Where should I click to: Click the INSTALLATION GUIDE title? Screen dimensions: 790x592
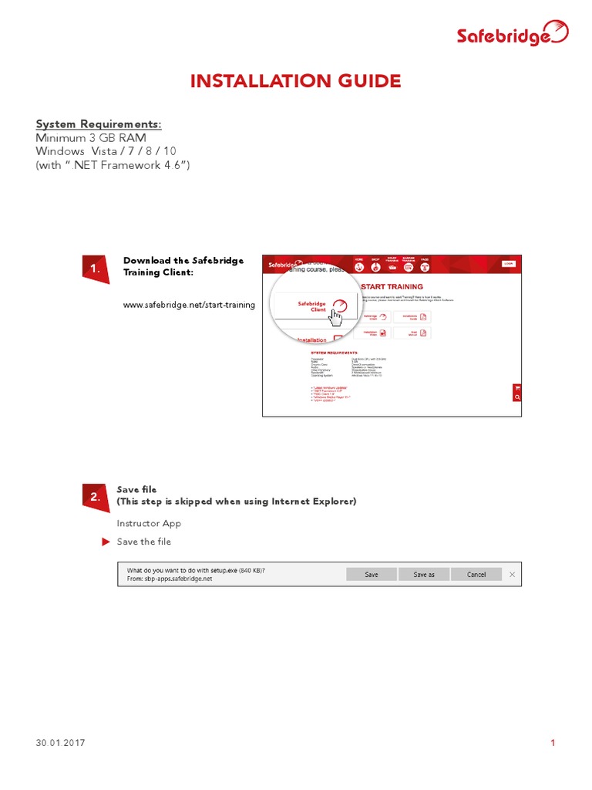click(296, 81)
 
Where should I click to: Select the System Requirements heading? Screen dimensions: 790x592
click(99, 124)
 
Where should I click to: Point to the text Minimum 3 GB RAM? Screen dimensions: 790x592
click(91, 137)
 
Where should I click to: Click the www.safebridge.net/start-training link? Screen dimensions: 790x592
click(189, 305)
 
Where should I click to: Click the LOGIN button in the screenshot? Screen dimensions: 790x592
click(508, 263)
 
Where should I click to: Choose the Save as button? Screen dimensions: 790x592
click(424, 574)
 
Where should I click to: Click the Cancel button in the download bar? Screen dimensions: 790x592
click(476, 574)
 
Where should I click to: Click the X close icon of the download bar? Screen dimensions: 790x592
click(512, 574)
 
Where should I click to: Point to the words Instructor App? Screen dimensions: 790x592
click(149, 523)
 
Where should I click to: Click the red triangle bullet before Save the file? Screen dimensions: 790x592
click(106, 542)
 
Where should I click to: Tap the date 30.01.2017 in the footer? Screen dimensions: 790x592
click(60, 743)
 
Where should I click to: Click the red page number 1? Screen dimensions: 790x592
click(553, 743)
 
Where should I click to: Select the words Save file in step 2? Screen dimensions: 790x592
click(136, 489)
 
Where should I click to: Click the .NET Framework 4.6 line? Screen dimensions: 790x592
click(113, 165)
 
